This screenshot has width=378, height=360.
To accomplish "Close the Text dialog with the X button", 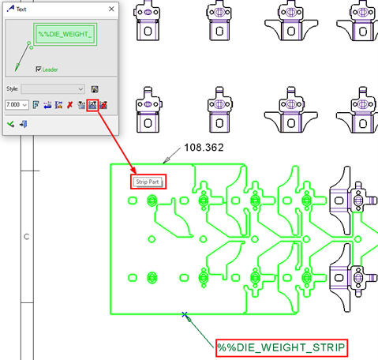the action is [x=111, y=9].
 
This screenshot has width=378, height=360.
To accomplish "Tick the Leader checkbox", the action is [x=39, y=69].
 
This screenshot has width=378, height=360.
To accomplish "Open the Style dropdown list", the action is [x=80, y=89].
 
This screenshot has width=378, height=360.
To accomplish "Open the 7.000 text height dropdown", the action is [x=25, y=105].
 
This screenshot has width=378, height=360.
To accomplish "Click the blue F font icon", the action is [x=36, y=105].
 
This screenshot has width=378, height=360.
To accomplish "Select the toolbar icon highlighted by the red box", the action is [x=92, y=105].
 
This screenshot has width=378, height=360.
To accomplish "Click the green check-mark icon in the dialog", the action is [x=11, y=124].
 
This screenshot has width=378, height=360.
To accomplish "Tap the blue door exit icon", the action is [x=23, y=124].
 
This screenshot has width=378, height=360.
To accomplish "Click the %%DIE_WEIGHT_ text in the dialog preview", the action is [x=65, y=34].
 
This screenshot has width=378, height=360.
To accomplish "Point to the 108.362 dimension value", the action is [x=204, y=148].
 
